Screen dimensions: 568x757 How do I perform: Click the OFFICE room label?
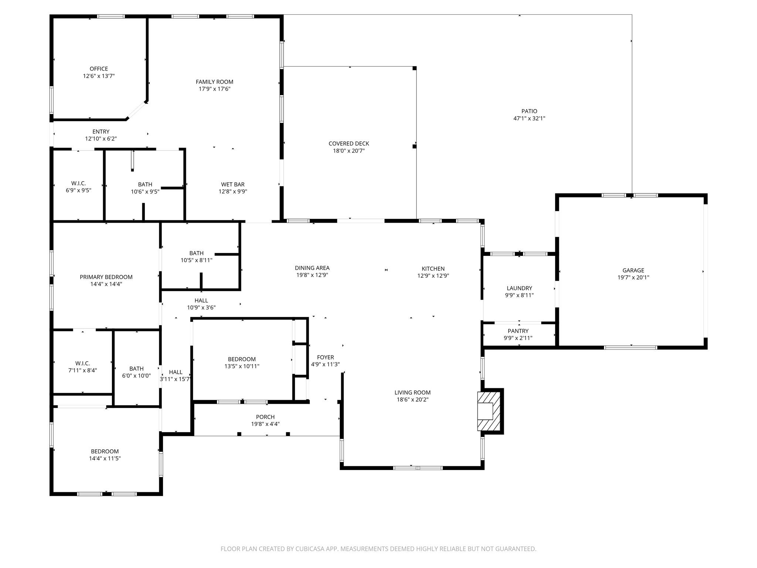tap(99, 69)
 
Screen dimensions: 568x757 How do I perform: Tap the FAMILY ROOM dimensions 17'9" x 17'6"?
tap(214, 89)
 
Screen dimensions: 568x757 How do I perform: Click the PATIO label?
tap(529, 111)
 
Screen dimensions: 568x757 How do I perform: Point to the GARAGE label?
tap(633, 270)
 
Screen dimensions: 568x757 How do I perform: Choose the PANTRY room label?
tap(518, 331)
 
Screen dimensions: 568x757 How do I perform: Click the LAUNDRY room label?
tap(519, 288)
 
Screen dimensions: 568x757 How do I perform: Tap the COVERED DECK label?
tap(349, 143)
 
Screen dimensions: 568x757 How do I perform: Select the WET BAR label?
tap(232, 184)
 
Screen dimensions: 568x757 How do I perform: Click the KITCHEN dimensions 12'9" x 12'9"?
tap(433, 275)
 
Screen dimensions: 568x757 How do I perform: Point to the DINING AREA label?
tap(312, 268)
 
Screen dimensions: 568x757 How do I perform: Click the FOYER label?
tap(325, 357)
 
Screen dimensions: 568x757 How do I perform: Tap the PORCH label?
tap(265, 417)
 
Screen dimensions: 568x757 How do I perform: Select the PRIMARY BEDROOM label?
tap(106, 277)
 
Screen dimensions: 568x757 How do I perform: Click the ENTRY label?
tap(101, 132)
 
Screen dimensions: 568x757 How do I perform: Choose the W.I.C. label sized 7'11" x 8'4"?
tap(82, 364)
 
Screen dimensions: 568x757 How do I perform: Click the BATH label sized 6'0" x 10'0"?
tap(136, 369)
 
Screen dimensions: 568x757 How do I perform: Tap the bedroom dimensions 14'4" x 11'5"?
tap(105, 458)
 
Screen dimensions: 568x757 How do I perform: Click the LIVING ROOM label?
tap(412, 392)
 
